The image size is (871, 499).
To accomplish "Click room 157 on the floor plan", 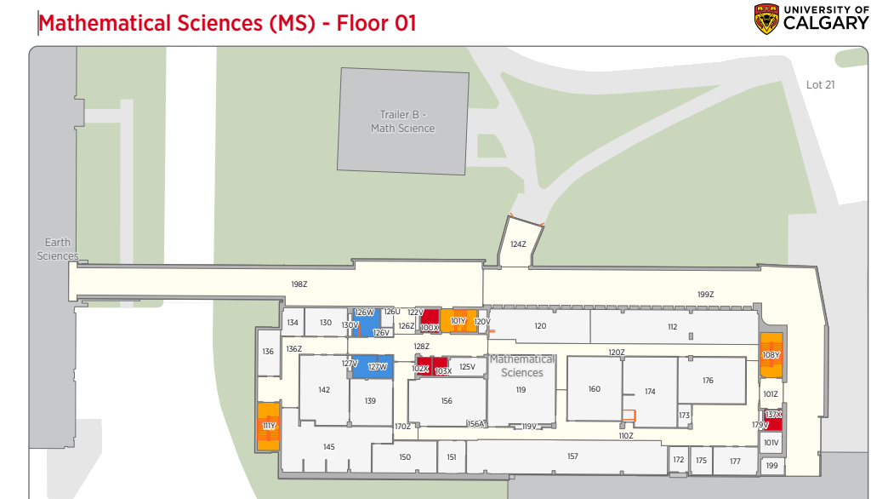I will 572,456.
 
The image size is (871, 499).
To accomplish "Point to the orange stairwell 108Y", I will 771,355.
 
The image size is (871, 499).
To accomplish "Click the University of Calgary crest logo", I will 766,19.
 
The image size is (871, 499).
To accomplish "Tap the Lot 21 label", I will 820,84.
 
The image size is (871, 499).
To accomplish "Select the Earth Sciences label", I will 57,249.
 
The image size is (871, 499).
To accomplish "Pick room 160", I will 594,389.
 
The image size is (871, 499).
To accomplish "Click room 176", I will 708,380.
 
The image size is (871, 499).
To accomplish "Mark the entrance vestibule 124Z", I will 518,244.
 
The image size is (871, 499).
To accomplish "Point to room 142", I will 324,389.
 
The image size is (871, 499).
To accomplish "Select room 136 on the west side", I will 268,352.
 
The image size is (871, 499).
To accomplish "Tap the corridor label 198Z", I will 299,284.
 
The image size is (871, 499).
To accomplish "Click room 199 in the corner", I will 771,465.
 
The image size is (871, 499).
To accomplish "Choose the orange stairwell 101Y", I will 458,321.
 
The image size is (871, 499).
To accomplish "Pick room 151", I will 451,457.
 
